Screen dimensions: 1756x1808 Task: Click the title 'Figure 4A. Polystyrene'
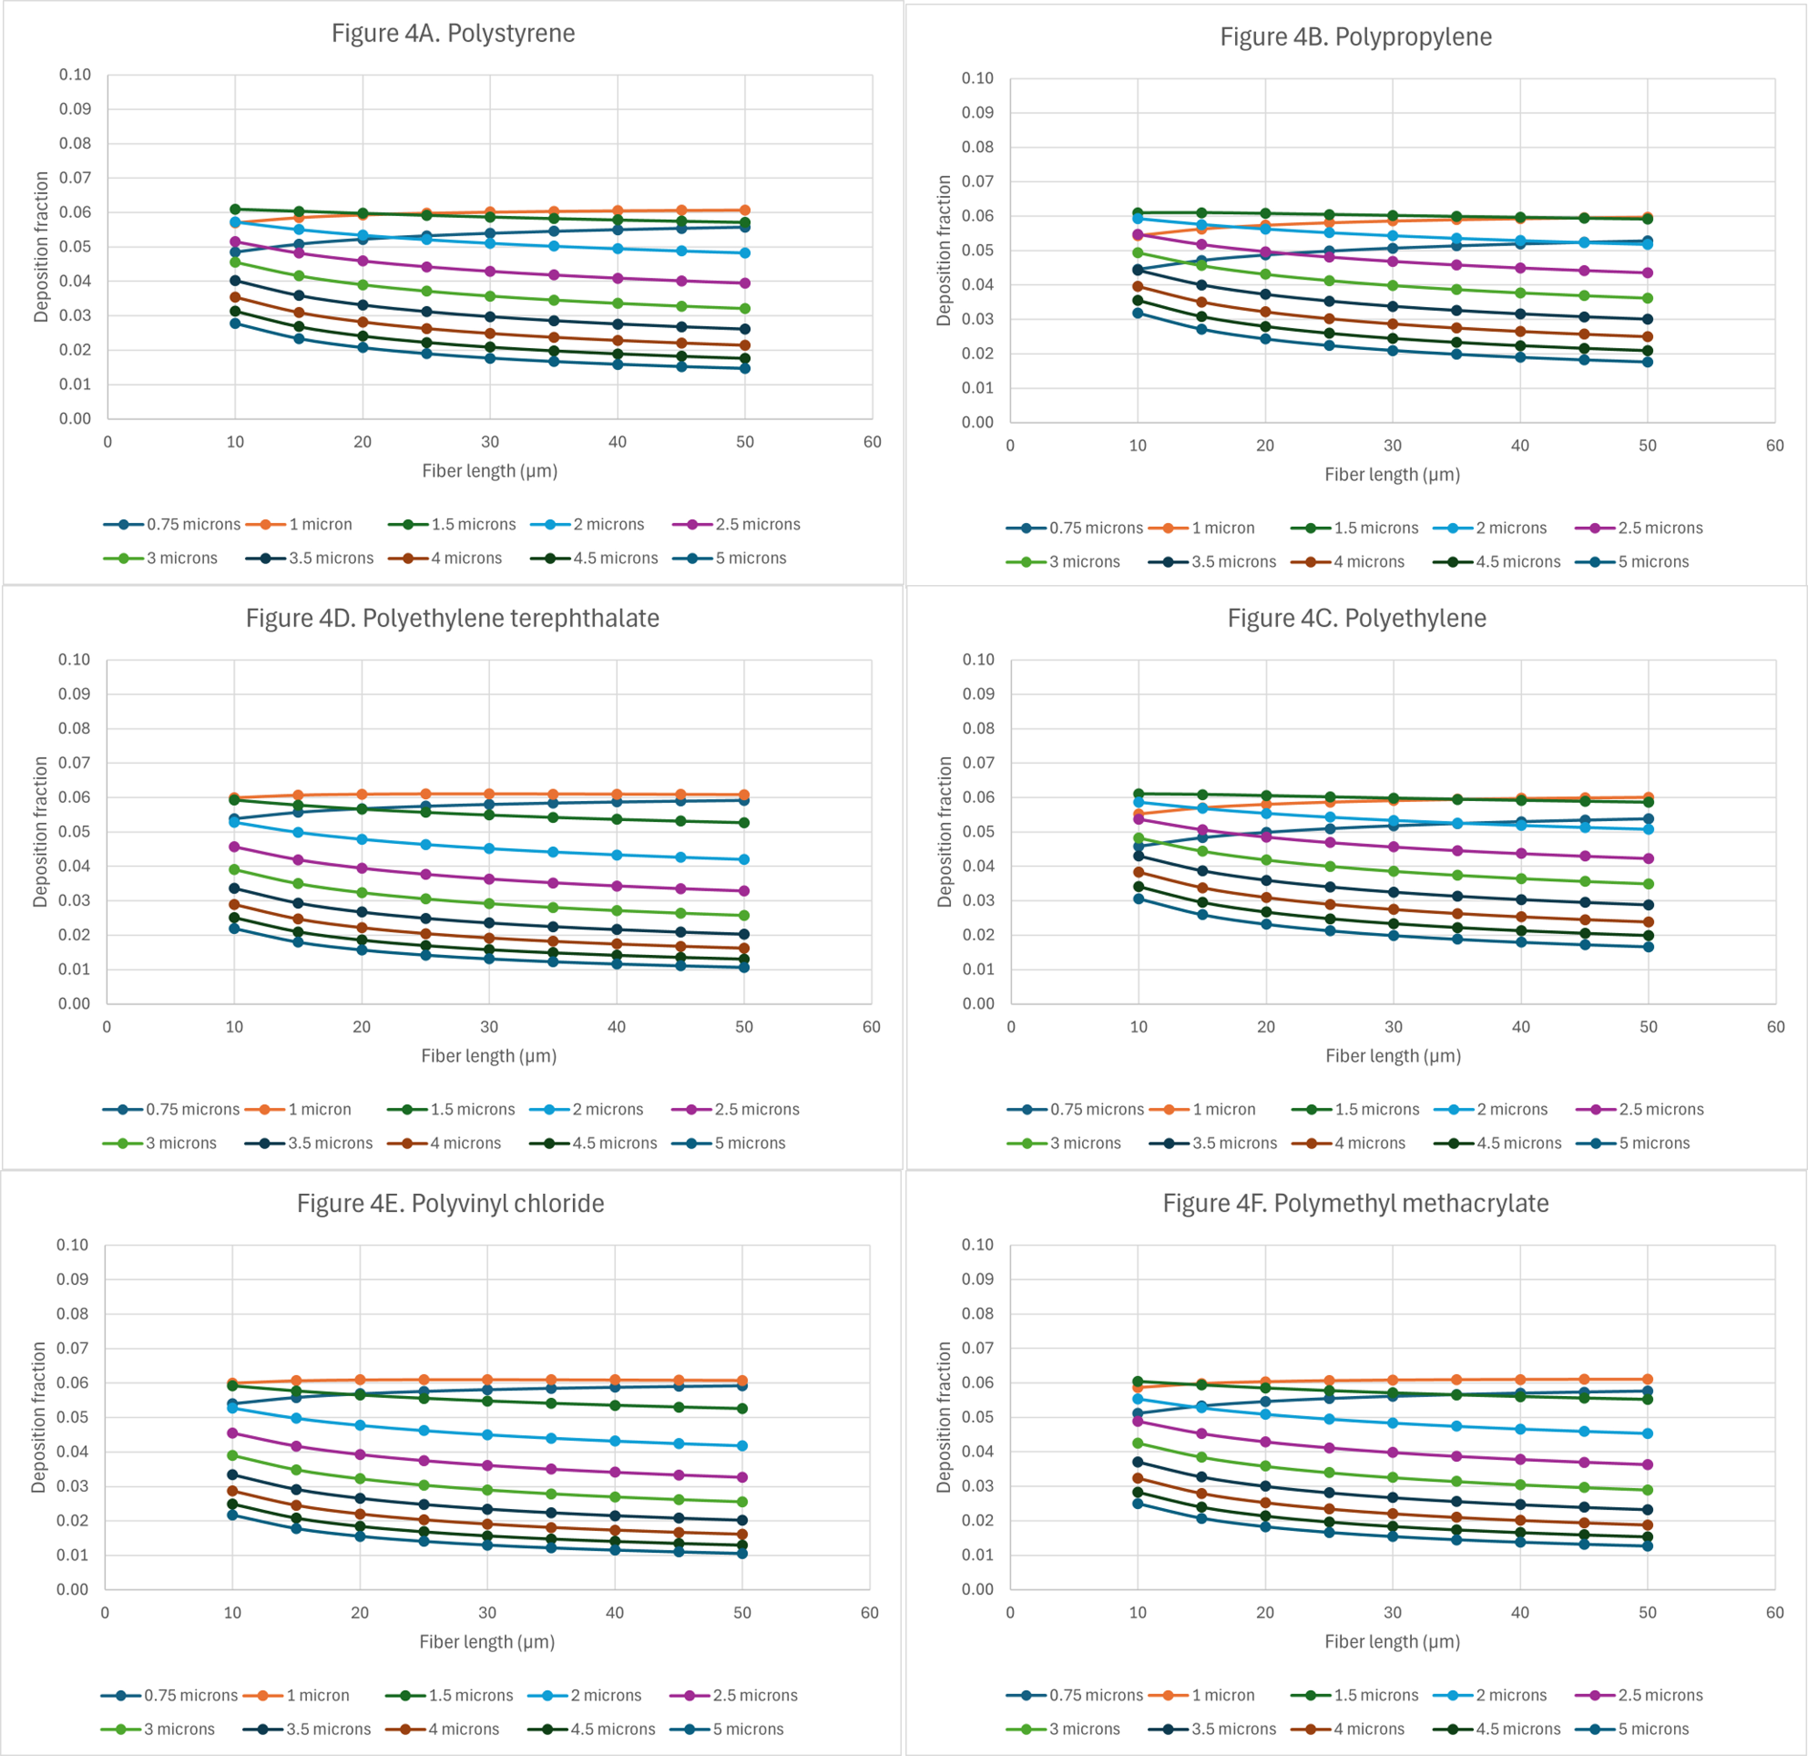[453, 33]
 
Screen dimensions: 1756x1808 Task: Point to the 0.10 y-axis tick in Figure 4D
[74, 660]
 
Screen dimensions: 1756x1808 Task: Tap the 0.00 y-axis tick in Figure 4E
[72, 1589]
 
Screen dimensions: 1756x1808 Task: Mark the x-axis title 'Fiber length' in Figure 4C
[1393, 1056]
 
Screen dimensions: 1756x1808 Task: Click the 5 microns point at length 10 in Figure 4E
[232, 1515]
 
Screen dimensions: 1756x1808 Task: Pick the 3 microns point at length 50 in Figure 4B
[1648, 298]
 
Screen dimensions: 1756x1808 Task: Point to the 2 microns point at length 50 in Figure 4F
[1648, 1434]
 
